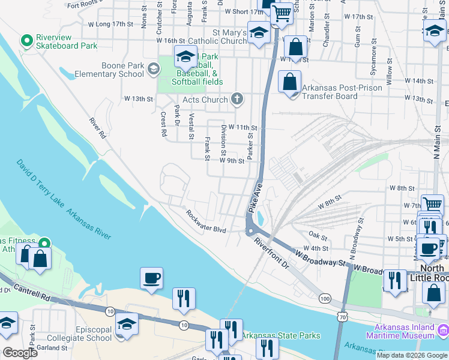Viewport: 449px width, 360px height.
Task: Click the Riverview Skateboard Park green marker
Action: click(x=26, y=41)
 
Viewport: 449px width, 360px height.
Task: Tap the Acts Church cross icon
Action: click(x=237, y=99)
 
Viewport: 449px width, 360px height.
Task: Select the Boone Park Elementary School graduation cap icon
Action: click(x=153, y=70)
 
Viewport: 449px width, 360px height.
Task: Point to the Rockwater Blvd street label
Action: click(x=205, y=222)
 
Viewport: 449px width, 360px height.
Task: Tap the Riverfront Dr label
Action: click(x=271, y=253)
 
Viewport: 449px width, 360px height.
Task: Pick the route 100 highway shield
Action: click(x=325, y=298)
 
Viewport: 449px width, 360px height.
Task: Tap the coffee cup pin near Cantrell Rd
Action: click(x=151, y=278)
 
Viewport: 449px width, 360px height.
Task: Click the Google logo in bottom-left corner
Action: click(x=19, y=353)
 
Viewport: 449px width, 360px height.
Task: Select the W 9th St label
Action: click(x=232, y=161)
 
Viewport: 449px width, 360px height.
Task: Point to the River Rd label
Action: click(x=97, y=128)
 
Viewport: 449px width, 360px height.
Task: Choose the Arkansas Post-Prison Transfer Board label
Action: click(x=330, y=91)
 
